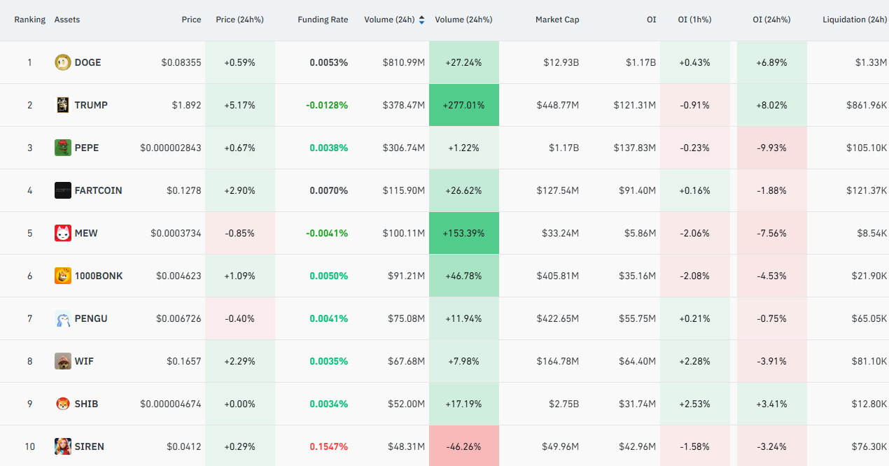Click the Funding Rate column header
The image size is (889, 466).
click(x=323, y=20)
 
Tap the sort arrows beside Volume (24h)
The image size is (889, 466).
click(x=422, y=20)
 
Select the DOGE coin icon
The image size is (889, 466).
click(x=63, y=62)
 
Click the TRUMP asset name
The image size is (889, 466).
click(x=91, y=105)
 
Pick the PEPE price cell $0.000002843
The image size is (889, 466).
click(x=171, y=148)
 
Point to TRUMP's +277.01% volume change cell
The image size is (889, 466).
click(x=464, y=105)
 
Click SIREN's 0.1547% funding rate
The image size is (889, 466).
click(x=328, y=446)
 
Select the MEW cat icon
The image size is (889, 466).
click(x=63, y=233)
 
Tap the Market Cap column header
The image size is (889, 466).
click(x=557, y=20)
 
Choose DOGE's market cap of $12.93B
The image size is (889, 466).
click(x=561, y=62)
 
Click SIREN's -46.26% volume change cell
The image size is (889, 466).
click(x=464, y=446)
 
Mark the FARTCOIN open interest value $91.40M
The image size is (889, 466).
click(x=638, y=191)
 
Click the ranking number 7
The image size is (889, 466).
click(x=30, y=318)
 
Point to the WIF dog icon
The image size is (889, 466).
click(x=63, y=361)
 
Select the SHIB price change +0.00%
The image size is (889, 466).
click(x=239, y=404)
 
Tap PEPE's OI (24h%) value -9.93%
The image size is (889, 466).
click(x=771, y=148)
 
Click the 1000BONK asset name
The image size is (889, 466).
click(x=99, y=276)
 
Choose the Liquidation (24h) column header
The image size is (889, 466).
click(x=855, y=20)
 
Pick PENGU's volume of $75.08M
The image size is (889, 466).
click(x=407, y=318)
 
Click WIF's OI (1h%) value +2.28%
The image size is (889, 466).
click(x=694, y=361)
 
